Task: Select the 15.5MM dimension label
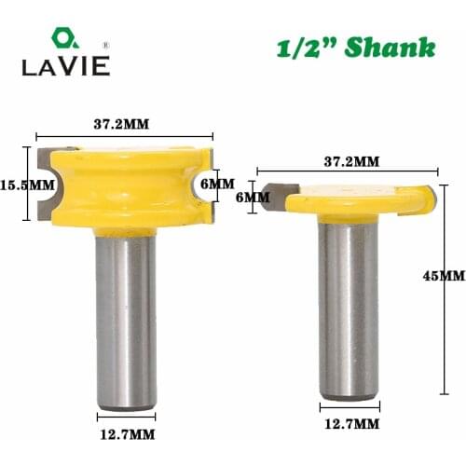(27, 184)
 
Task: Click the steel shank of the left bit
(127, 317)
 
